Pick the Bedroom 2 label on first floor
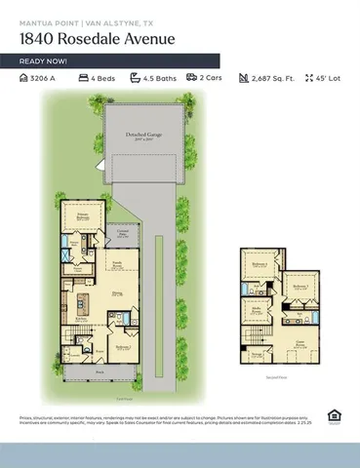click(x=123, y=347)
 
